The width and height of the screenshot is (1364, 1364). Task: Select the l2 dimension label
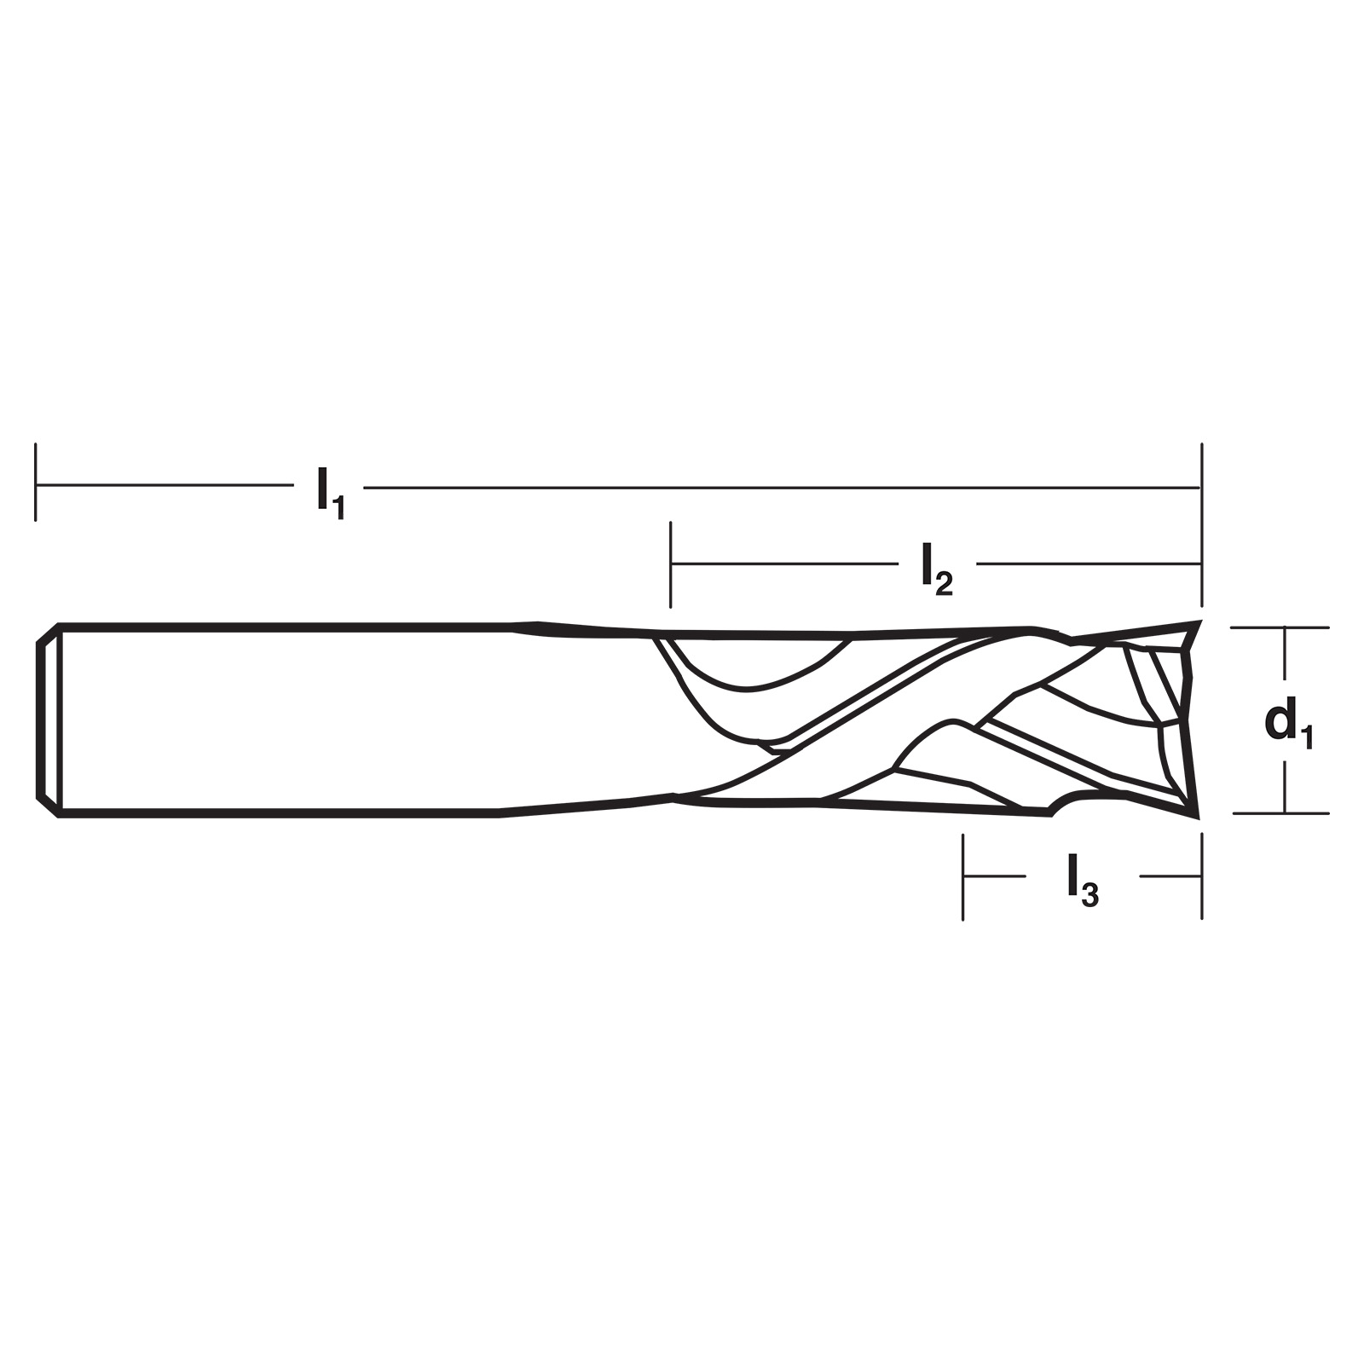click(936, 570)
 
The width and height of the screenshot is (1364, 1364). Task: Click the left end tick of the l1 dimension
click(35, 482)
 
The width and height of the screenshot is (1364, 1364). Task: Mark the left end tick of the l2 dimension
click(671, 564)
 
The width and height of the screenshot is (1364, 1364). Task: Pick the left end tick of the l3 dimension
click(962, 876)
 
